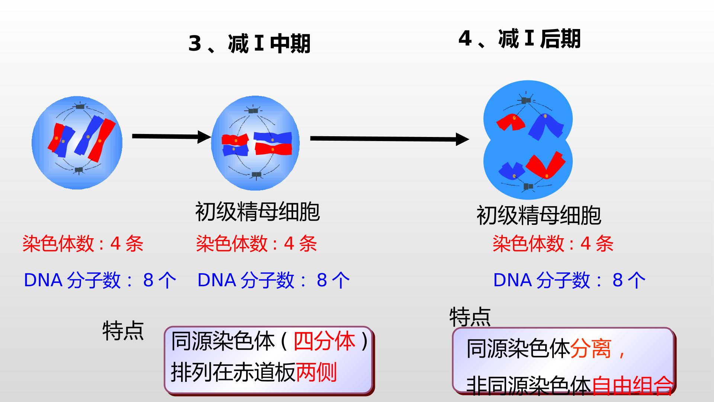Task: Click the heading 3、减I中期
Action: [x=249, y=44]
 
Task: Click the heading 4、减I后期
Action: [x=519, y=39]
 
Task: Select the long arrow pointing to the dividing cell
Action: [x=390, y=139]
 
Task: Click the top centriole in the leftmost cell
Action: [x=80, y=107]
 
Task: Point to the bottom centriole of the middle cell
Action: [x=256, y=174]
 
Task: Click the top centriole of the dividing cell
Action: [x=526, y=100]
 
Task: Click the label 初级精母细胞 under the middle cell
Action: [x=257, y=212]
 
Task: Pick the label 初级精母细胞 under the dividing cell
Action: [x=538, y=215]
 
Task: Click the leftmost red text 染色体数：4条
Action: [x=83, y=244]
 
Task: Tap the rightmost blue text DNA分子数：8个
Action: [x=569, y=280]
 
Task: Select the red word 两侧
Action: [x=316, y=372]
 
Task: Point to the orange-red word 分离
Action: [x=591, y=348]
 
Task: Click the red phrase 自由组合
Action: [x=632, y=386]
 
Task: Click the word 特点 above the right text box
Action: [x=470, y=317]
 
